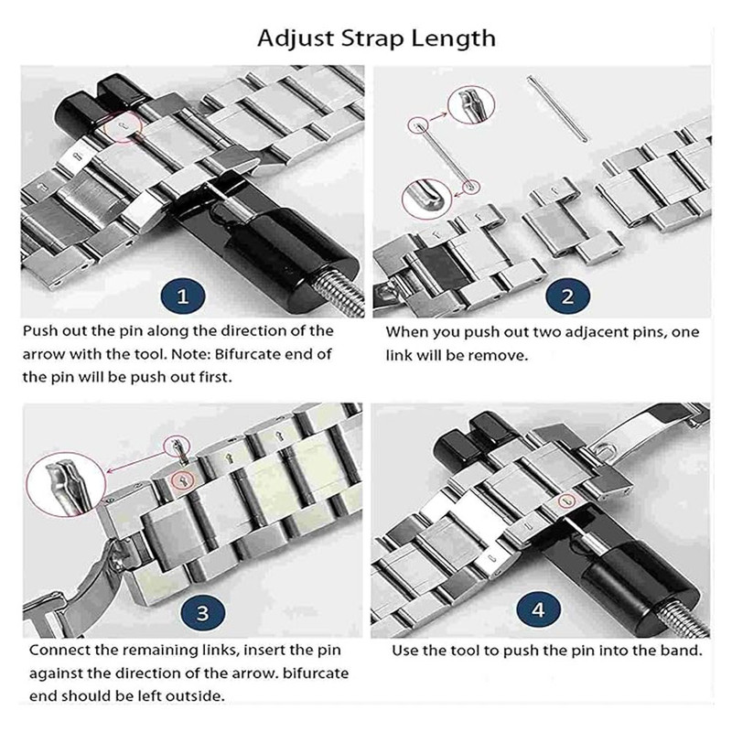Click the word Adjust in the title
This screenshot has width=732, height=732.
(x=296, y=38)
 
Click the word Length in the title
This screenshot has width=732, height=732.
(x=453, y=38)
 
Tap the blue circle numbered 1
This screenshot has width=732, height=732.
(x=182, y=296)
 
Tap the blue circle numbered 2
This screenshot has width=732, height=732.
(x=567, y=296)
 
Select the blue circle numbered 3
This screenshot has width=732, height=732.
(x=202, y=612)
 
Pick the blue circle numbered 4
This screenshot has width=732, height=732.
(x=538, y=609)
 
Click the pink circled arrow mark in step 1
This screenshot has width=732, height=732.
(x=122, y=126)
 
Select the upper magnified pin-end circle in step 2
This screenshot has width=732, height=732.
(x=470, y=104)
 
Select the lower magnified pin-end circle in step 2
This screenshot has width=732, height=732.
(x=426, y=199)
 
